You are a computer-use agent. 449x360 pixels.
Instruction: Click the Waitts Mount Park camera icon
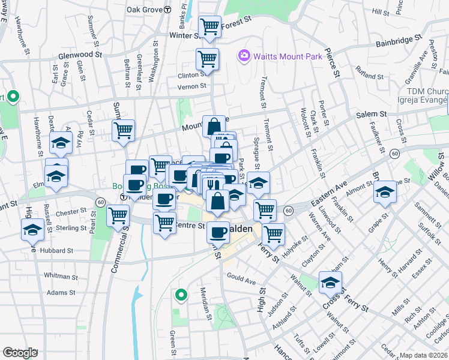click(244, 56)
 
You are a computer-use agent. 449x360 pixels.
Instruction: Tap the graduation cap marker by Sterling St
click(32, 229)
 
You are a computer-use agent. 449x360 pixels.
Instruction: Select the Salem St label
click(372, 114)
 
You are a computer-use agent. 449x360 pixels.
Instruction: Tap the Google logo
click(20, 353)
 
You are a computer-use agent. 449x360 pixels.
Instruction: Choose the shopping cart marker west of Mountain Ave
click(123, 130)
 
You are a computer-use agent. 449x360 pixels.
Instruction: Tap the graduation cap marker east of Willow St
click(385, 191)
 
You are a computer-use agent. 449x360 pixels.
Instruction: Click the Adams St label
click(61, 293)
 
